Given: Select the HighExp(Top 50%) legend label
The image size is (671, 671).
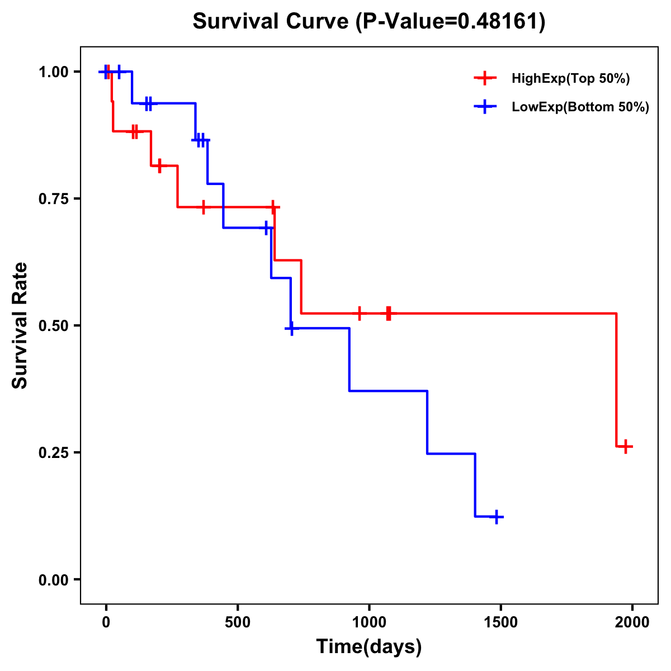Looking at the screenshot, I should [571, 79].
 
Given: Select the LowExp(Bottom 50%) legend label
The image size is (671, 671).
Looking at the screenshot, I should [580, 107].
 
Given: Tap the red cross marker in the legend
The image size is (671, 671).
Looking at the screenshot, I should [485, 78].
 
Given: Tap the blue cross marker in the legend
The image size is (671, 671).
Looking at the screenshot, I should [485, 107].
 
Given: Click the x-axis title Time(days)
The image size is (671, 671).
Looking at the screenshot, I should [369, 647].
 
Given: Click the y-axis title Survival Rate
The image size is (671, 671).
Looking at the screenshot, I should [20, 325].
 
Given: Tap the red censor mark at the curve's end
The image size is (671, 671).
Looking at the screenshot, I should [626, 446].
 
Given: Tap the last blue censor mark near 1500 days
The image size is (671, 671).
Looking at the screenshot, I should [495, 517].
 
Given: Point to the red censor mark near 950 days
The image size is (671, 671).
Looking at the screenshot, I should [360, 314].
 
